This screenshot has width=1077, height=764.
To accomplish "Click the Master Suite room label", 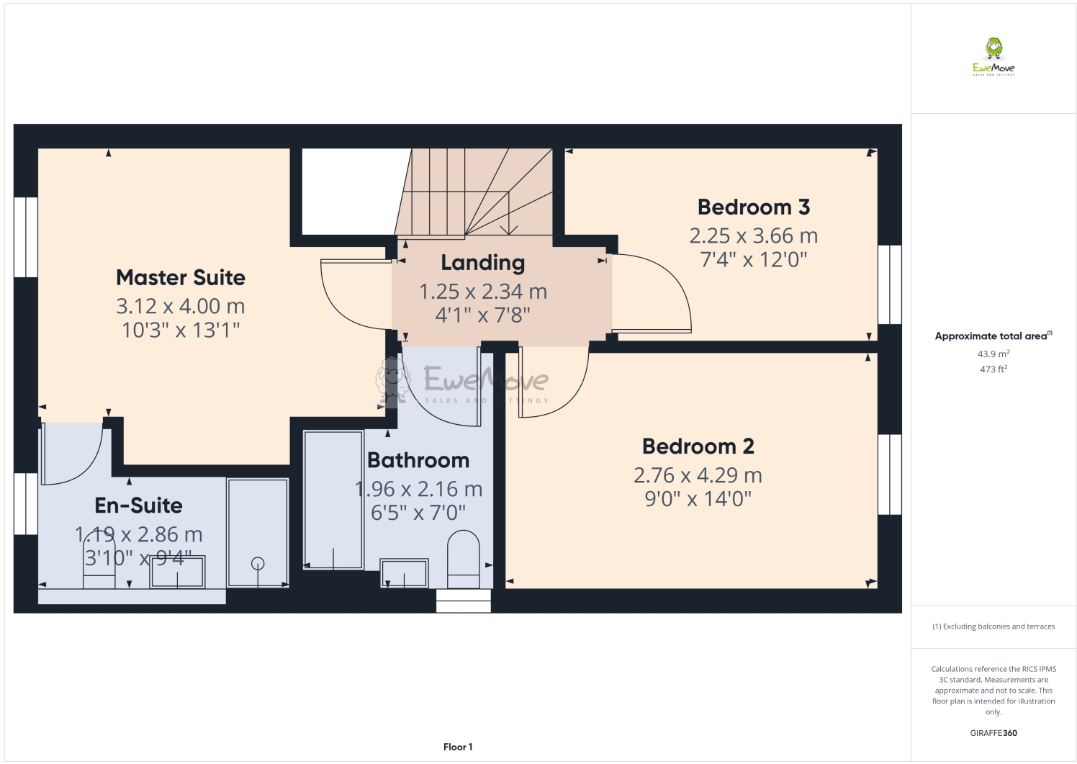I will (181, 277).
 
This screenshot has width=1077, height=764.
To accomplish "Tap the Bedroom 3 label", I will (754, 207).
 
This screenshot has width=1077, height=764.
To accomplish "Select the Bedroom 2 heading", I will (698, 446).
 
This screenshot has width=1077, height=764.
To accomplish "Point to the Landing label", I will (483, 263).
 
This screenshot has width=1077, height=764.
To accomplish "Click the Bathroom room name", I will (418, 460).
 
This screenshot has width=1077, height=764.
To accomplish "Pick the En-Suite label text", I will (139, 505).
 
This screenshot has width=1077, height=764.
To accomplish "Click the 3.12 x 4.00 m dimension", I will (181, 306).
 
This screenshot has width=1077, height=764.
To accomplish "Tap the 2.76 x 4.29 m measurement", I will (698, 475).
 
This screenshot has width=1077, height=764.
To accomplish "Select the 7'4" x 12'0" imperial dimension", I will (754, 259).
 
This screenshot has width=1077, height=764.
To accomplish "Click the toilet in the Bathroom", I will (464, 559).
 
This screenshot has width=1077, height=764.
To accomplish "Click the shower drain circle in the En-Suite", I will (258, 564).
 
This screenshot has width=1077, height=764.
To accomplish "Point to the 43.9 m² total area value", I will (993, 354).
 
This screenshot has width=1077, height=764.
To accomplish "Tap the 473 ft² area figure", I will (993, 369).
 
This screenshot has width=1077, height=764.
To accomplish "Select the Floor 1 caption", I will (458, 747).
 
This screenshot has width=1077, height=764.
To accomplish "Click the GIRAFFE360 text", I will (993, 733).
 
